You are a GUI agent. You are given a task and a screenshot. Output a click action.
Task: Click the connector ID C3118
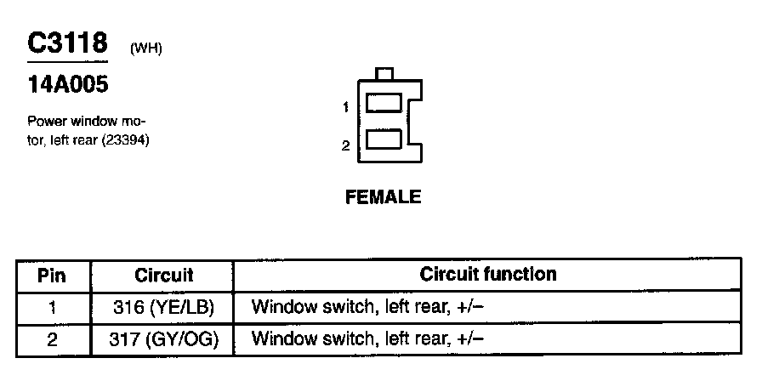pos(68,43)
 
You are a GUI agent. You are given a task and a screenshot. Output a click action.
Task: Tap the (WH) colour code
pos(146,48)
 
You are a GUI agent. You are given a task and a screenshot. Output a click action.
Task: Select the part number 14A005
pos(68,85)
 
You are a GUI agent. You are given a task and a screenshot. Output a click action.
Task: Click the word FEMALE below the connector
pos(383,197)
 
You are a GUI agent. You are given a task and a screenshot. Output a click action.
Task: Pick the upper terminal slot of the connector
pos(384,104)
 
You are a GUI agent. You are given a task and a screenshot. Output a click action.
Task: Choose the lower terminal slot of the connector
pos(384,139)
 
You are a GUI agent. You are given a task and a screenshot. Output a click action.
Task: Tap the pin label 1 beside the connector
pos(346,107)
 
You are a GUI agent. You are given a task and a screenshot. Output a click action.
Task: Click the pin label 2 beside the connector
pos(346,145)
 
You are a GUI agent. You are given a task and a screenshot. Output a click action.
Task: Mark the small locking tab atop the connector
pos(384,75)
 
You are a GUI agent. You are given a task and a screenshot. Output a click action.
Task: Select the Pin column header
pos(53,276)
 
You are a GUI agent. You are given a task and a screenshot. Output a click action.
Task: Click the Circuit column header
pos(163,276)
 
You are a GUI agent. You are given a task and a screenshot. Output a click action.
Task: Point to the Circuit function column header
pos(488,274)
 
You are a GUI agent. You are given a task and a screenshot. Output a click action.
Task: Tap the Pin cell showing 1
pos(53,307)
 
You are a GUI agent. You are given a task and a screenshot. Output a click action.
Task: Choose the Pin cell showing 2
pos(53,339)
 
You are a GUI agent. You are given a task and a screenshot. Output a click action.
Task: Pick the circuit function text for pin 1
pos(368,307)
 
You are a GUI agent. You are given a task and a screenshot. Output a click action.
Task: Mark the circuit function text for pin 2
pos(368,339)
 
